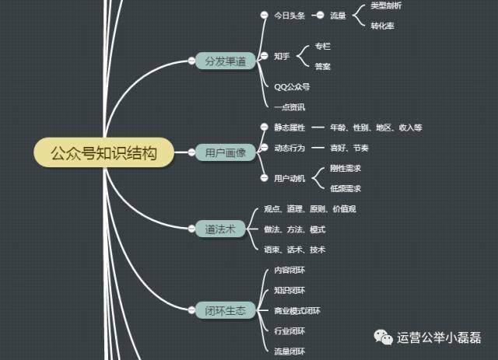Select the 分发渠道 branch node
coord(225,61)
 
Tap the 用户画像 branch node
coord(225,152)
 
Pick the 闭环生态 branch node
coord(225,310)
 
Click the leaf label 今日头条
coord(289,16)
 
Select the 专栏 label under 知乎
coord(322,47)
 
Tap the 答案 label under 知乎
coord(322,67)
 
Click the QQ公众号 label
coord(292,86)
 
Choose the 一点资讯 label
coord(289,106)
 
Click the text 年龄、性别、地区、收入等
coord(376,127)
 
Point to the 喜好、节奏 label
coord(349,147)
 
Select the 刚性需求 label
coord(345,168)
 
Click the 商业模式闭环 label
coord(297,311)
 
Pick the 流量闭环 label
coord(289,351)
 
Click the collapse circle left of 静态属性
coord(265,127)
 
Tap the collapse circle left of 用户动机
coord(265,178)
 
